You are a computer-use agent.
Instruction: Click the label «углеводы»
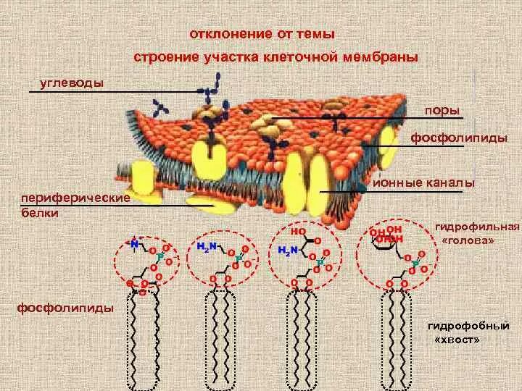click(71, 82)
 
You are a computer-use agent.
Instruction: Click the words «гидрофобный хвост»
click(465, 332)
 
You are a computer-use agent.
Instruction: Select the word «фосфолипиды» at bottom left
click(65, 308)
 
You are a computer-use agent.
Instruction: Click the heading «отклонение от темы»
click(262, 33)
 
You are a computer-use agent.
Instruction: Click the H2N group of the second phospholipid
click(207, 247)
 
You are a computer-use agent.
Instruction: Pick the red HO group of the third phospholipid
click(297, 232)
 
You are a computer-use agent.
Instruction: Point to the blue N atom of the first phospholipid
click(135, 244)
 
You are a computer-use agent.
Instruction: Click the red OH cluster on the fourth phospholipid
click(386, 234)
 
